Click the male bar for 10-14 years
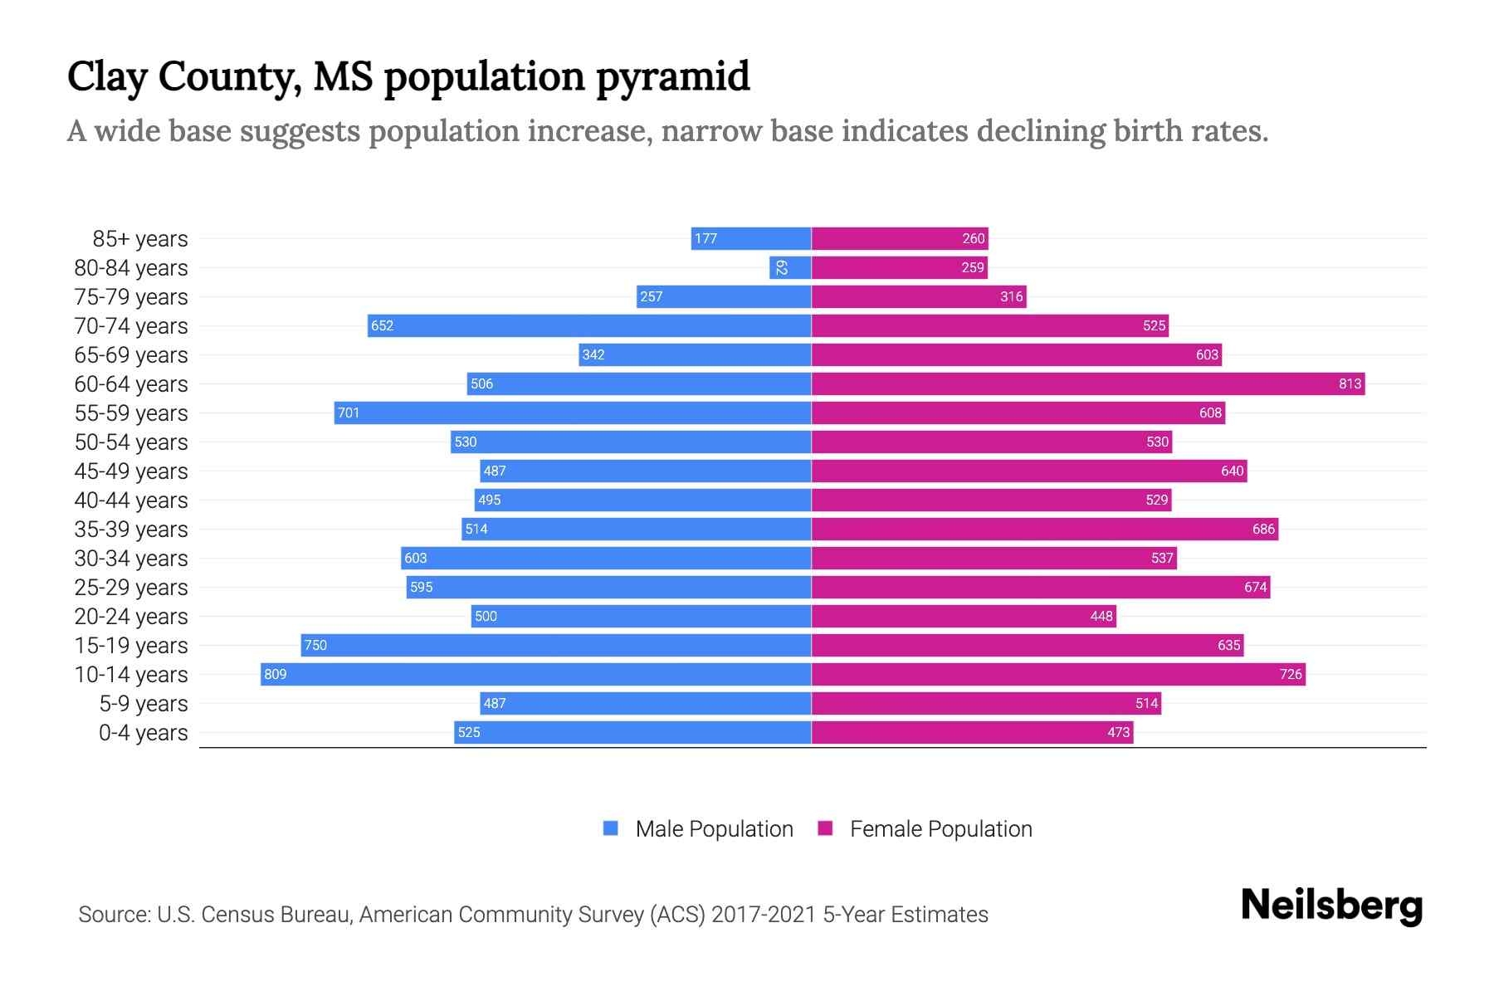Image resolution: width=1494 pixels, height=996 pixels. pyautogui.click(x=535, y=674)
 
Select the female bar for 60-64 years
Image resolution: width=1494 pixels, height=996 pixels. pyautogui.click(x=1087, y=383)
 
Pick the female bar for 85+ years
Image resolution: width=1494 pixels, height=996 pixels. pyautogui.click(x=899, y=238)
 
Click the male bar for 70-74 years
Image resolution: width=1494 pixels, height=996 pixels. pyautogui.click(x=589, y=325)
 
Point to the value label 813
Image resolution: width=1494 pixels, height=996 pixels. pyautogui.click(x=1350, y=383)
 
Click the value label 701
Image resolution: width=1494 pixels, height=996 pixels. pyautogui.click(x=349, y=413)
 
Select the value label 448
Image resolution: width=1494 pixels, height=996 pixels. pyautogui.click(x=1101, y=616)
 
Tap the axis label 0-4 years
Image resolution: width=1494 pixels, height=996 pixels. pyautogui.click(x=143, y=733)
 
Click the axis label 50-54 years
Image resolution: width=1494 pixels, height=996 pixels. pyautogui.click(x=131, y=442)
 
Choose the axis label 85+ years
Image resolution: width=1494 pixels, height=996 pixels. pyautogui.click(x=140, y=239)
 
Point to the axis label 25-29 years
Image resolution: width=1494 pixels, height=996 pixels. pyautogui.click(x=131, y=588)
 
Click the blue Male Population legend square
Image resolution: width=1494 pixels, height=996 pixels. pyautogui.click(x=611, y=828)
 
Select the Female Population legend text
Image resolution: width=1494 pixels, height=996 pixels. pyautogui.click(x=940, y=829)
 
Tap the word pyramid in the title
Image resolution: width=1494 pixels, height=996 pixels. pyautogui.click(x=672, y=76)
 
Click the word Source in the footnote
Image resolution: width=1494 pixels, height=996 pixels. pyautogui.click(x=113, y=915)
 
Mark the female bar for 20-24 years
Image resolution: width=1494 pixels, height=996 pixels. pyautogui.click(x=963, y=616)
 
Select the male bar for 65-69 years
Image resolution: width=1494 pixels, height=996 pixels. pyautogui.click(x=695, y=354)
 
